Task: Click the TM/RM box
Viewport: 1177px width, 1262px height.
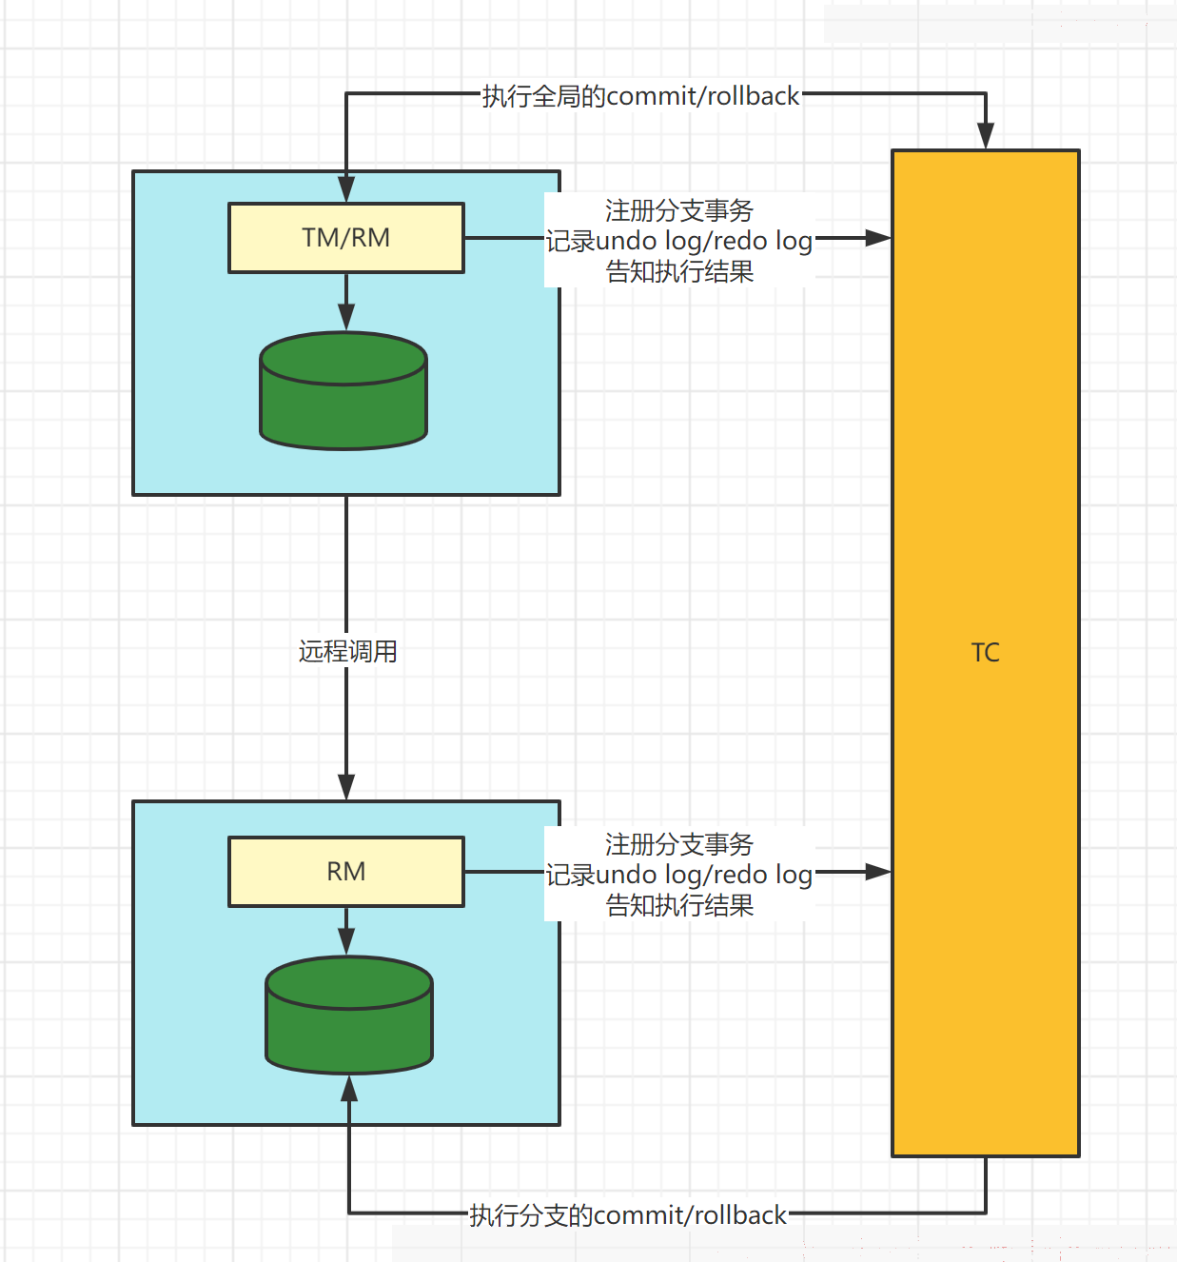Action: coord(345,238)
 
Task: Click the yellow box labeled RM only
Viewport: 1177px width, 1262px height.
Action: coord(345,871)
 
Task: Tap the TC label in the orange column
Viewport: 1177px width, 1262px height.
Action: coord(985,653)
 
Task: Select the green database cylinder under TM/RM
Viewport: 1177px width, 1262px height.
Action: coord(343,391)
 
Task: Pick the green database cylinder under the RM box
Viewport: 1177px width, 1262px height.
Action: coord(349,1015)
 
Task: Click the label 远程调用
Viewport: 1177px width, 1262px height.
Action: coord(347,651)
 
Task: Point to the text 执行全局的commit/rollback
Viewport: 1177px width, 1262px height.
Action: coord(640,96)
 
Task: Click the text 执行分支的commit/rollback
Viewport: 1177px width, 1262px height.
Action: coord(627,1215)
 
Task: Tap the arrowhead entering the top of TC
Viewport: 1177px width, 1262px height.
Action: coord(985,136)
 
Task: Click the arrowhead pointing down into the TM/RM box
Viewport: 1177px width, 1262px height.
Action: coord(345,189)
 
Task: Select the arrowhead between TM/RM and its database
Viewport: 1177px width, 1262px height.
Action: coord(345,317)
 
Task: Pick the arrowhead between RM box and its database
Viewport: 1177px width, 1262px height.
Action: coord(345,941)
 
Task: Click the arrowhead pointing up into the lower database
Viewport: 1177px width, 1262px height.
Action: coord(349,1089)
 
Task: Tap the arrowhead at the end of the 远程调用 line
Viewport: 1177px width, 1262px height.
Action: coord(345,787)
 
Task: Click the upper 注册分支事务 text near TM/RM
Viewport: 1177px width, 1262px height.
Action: coord(678,210)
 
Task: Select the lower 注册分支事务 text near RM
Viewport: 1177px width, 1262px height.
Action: coord(678,844)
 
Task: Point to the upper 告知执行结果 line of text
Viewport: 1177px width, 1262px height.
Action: coord(678,271)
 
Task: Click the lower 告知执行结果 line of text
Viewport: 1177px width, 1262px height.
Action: coord(678,905)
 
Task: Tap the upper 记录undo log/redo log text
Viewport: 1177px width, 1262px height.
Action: coord(678,242)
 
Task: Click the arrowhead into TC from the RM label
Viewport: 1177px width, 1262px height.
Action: coord(878,872)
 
